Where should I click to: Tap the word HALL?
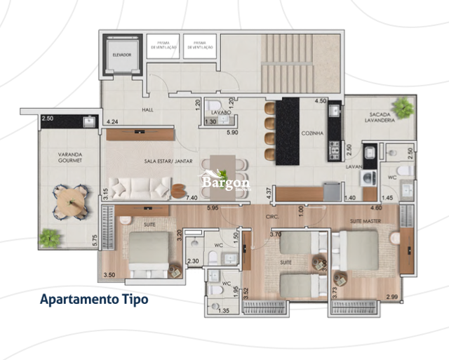click(147, 109)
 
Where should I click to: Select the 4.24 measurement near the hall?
click(112, 122)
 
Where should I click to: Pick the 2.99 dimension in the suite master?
click(392, 298)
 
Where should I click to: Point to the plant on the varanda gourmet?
click(49, 239)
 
